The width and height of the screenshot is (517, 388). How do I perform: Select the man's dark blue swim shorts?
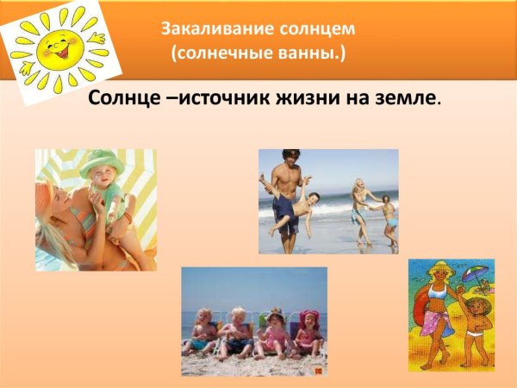tap(284, 210)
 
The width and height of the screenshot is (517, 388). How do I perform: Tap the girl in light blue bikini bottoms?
tap(390, 217)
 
